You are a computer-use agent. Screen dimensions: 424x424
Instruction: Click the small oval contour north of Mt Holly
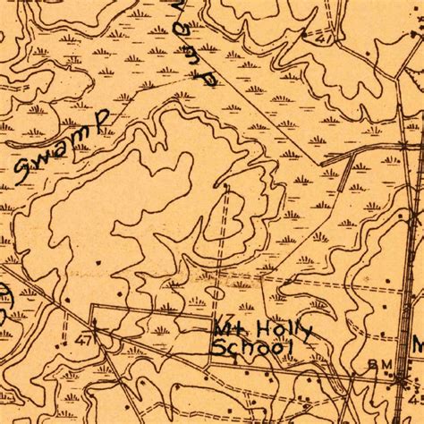tap(216, 292)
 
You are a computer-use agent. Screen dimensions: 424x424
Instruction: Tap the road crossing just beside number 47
tap(93, 330)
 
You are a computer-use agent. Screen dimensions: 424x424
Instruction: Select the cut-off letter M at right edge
tap(418, 345)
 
